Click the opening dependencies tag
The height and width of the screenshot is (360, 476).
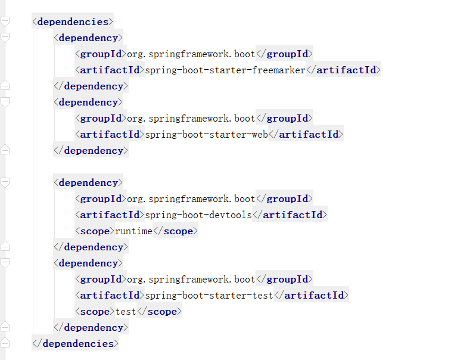pyautogui.click(x=73, y=21)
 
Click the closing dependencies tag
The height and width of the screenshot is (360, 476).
pyautogui.click(x=75, y=343)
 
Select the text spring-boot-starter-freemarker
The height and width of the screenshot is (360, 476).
pyautogui.click(x=225, y=70)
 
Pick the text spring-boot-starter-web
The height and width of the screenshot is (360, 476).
pyautogui.click(x=207, y=135)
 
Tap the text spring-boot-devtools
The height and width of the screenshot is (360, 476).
pyautogui.click(x=198, y=215)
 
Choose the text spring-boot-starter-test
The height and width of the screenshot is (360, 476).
pyautogui.click(x=209, y=295)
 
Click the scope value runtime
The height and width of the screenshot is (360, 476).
pyautogui.click(x=133, y=231)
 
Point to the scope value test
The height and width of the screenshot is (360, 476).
pyautogui.click(x=126, y=312)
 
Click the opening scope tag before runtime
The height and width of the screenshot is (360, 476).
pyautogui.click(x=95, y=231)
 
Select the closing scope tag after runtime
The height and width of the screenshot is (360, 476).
pyautogui.click(x=176, y=231)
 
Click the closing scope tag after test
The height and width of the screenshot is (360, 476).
pyautogui.click(x=160, y=312)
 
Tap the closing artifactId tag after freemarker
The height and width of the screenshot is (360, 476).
pyautogui.click(x=343, y=70)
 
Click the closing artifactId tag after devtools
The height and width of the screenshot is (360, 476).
pyautogui.click(x=290, y=215)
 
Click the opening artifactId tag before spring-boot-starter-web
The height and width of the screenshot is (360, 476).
pyautogui.click(x=110, y=135)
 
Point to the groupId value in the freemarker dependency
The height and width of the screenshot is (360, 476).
pyautogui.click(x=191, y=54)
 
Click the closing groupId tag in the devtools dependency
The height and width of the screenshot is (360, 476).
pyautogui.click(x=284, y=199)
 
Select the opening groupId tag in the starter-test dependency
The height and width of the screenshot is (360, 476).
pyautogui.click(x=101, y=280)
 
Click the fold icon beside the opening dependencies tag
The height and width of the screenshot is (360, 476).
pyautogui.click(x=5, y=21)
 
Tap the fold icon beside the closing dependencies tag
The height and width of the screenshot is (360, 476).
pyautogui.click(x=5, y=342)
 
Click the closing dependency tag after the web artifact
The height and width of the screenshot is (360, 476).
pyautogui.click(x=91, y=151)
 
